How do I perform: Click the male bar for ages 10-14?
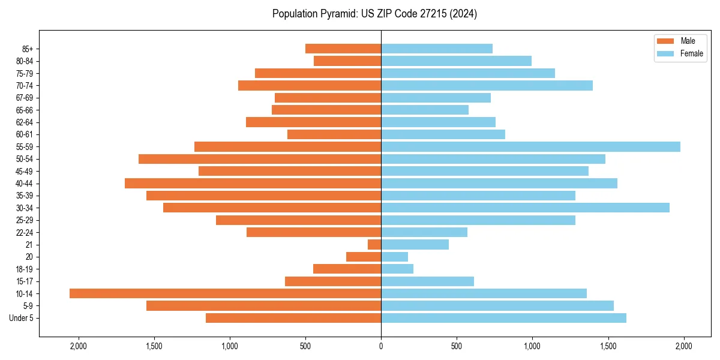[225, 293]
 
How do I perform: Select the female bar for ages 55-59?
[530, 146]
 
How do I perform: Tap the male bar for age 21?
[374, 244]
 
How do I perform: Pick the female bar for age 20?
[394, 257]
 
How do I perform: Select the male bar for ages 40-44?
[253, 183]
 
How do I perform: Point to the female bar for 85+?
[437, 49]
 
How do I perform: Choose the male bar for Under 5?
[293, 318]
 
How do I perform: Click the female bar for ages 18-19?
[397, 269]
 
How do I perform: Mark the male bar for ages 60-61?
[334, 134]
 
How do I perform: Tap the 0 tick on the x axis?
[381, 346]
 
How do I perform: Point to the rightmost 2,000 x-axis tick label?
[683, 346]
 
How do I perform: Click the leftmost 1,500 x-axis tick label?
[154, 346]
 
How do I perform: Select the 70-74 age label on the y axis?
[25, 86]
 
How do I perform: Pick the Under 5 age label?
[21, 318]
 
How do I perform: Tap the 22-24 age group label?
[25, 232]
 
